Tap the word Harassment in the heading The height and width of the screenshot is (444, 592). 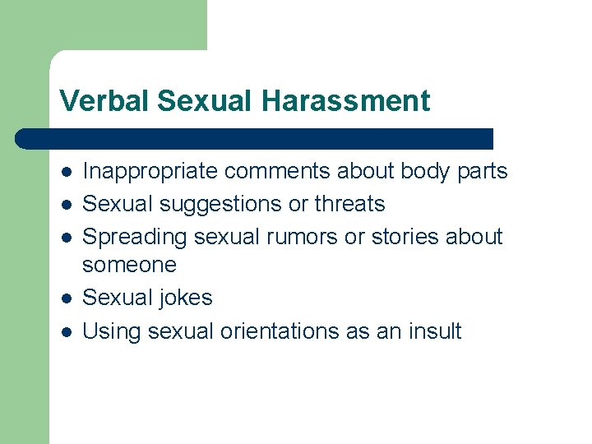(x=346, y=101)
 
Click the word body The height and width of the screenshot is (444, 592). (x=427, y=171)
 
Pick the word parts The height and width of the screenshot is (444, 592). (x=483, y=171)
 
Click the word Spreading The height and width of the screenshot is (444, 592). (x=135, y=237)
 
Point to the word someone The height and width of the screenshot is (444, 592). (x=129, y=265)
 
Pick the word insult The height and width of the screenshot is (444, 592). (x=435, y=331)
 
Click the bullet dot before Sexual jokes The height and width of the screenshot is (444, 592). (x=65, y=298)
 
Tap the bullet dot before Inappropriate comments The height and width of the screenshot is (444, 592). (x=65, y=172)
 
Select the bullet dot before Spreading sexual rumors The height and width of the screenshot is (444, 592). (x=65, y=238)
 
